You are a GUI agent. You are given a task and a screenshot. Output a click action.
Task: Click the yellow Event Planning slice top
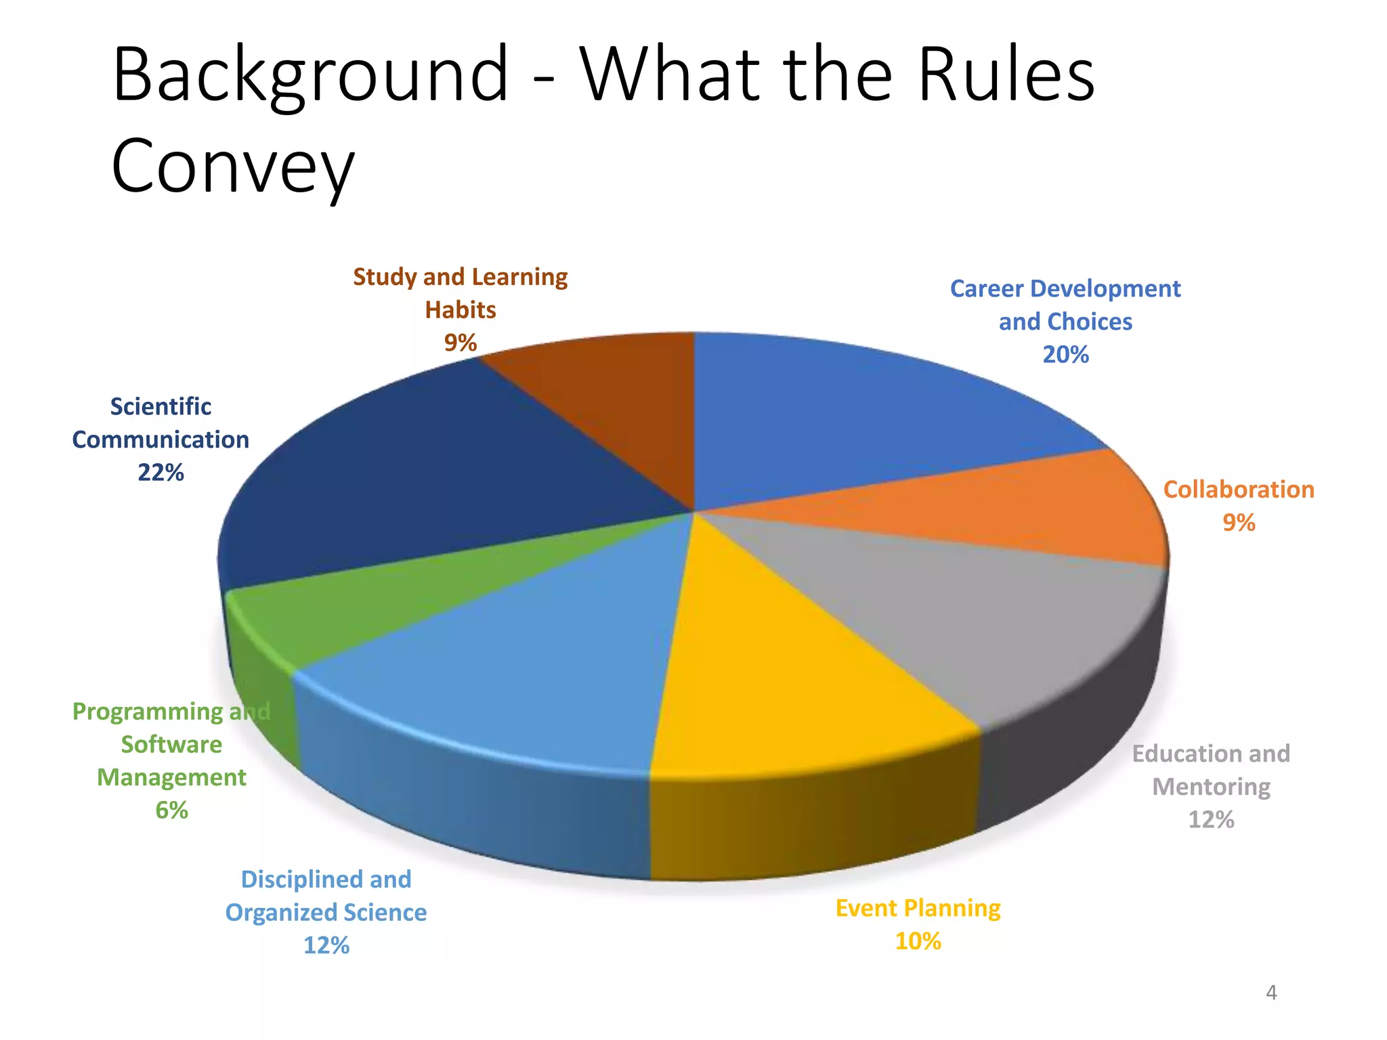[x=779, y=677]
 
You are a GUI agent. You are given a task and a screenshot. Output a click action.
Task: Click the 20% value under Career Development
[x=1065, y=355]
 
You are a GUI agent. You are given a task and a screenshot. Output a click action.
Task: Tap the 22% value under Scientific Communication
[x=161, y=473]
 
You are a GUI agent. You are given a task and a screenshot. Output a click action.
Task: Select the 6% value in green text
[x=171, y=810]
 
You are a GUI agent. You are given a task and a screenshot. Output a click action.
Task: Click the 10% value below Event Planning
[x=918, y=941]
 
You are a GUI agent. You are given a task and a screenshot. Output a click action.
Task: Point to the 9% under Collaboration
[x=1239, y=523]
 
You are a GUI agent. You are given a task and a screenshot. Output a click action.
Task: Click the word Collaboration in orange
[x=1239, y=490]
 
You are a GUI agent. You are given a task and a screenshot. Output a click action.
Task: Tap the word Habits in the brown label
[x=461, y=310]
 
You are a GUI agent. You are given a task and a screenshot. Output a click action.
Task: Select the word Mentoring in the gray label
[x=1211, y=787]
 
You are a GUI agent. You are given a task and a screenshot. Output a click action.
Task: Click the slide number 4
[x=1271, y=993]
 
